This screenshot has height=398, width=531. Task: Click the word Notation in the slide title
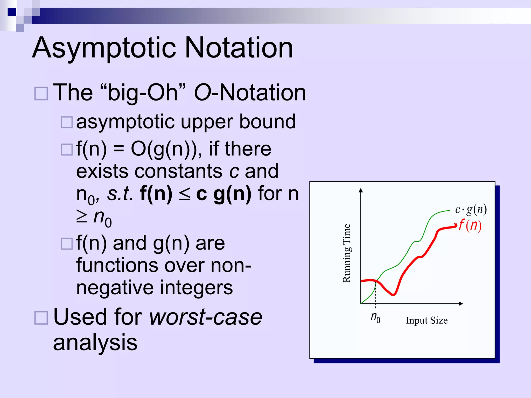click(239, 48)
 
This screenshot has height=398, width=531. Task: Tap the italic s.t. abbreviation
click(120, 194)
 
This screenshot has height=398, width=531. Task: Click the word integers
click(196, 288)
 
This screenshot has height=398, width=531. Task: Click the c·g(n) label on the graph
click(471, 209)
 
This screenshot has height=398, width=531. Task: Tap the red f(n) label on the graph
click(470, 225)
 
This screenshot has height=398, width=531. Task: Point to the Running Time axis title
click(347, 253)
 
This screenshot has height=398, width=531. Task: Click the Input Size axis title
click(427, 321)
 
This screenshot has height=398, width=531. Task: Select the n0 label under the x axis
click(375, 317)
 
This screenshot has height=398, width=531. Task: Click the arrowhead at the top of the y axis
click(361, 190)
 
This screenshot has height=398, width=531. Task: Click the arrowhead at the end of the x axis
click(461, 303)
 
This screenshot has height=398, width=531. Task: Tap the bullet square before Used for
click(41, 318)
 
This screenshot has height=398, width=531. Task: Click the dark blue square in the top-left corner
click(12, 12)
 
